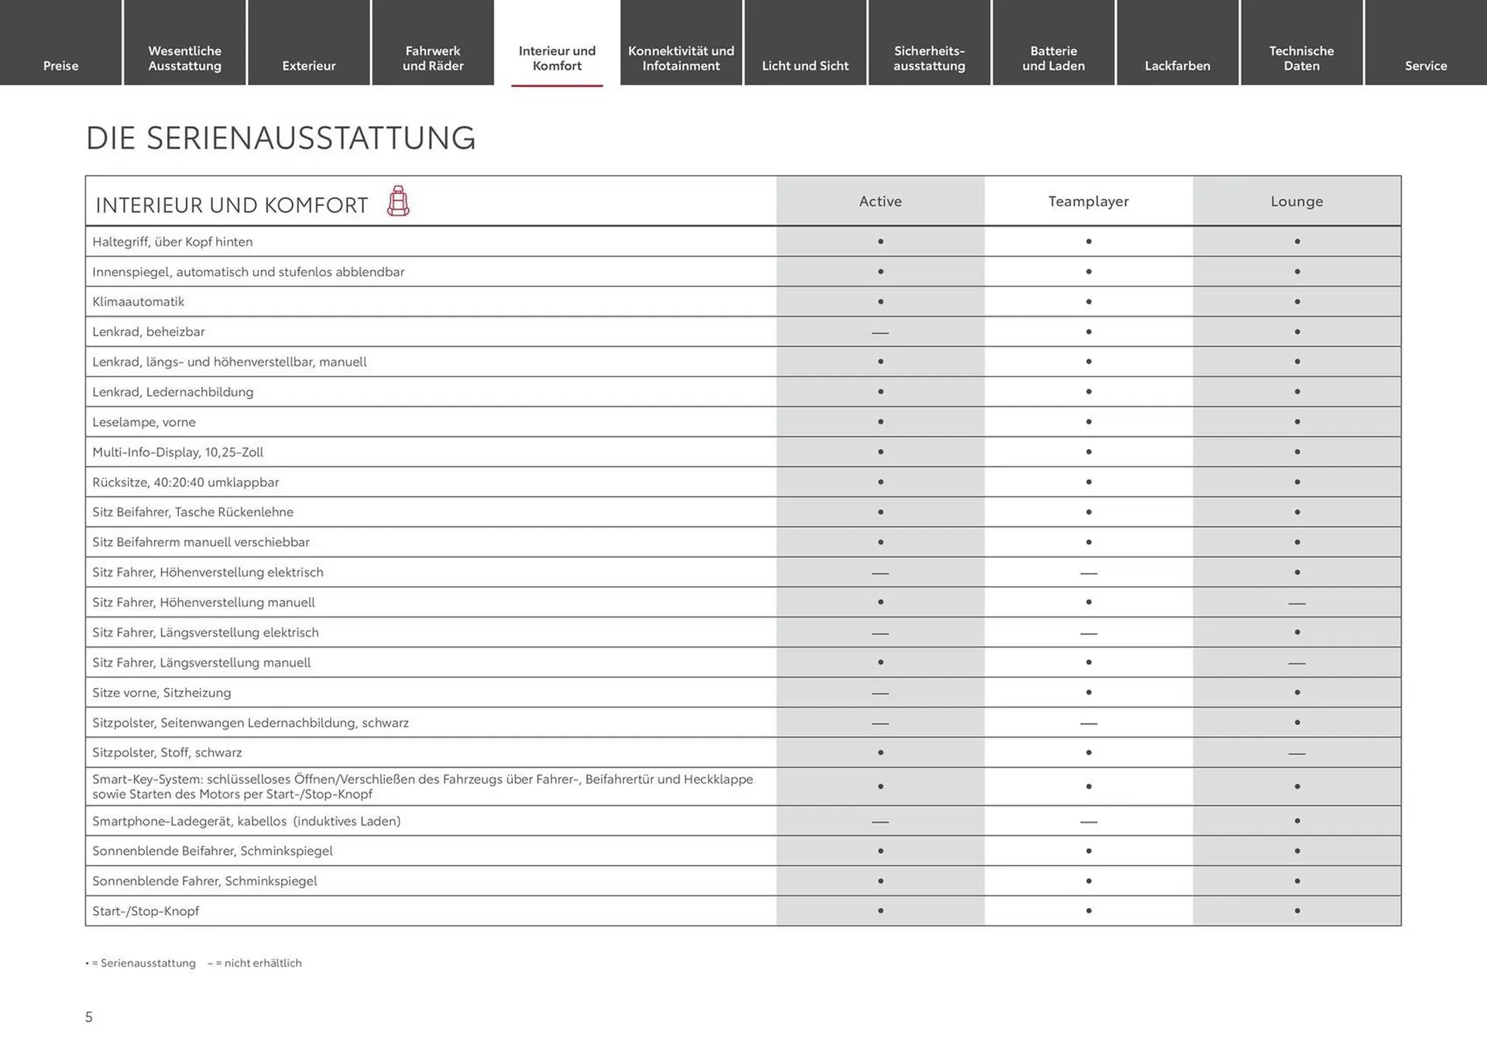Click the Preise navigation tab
point(60,66)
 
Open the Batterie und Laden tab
point(1053,58)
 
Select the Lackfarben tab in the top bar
point(1177,66)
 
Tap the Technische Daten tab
point(1301,58)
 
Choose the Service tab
point(1426,66)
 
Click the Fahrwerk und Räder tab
point(433,58)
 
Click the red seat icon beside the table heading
point(398,201)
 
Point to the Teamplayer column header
point(1088,201)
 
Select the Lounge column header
point(1296,201)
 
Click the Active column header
point(880,201)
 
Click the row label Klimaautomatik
point(139,301)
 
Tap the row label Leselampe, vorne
point(144,422)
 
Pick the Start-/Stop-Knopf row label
point(146,911)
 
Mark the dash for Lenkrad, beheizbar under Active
point(880,332)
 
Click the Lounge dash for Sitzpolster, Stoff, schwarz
point(1296,753)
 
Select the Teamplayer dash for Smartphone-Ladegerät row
point(1088,821)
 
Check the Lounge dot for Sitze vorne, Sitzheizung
point(1296,693)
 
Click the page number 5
point(89,1017)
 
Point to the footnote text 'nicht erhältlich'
point(263,963)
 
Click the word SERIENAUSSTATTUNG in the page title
point(311,138)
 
